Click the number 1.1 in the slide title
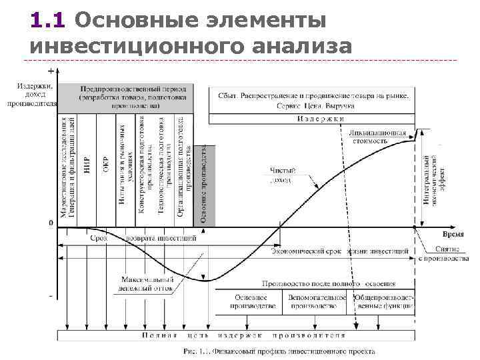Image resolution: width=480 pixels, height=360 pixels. pyautogui.click(x=47, y=21)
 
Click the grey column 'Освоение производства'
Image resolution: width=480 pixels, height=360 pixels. pyautogui.click(x=205, y=183)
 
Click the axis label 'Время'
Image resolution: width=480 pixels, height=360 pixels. pyautogui.click(x=453, y=235)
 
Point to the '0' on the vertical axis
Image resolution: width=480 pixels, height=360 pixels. pyautogui.click(x=51, y=223)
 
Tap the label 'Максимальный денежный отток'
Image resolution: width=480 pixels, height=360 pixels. pyautogui.click(x=148, y=284)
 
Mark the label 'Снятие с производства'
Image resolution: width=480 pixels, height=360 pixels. pyautogui.click(x=442, y=253)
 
